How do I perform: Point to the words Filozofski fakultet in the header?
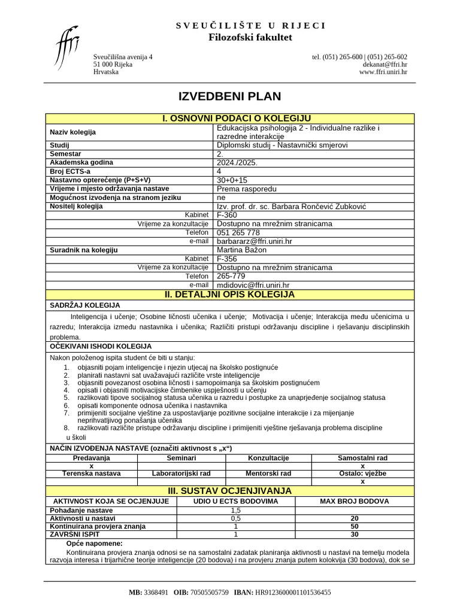pyautogui.click(x=250, y=37)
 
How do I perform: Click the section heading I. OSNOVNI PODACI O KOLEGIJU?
pyautogui.click(x=229, y=119)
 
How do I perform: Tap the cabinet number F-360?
pyautogui.click(x=227, y=215)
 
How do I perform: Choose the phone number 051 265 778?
pyautogui.click(x=238, y=232)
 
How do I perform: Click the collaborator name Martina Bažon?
pyautogui.click(x=241, y=250)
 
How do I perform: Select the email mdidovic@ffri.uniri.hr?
pyautogui.click(x=253, y=286)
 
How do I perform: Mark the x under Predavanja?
pyautogui.click(x=91, y=466)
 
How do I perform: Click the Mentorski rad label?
pyautogui.click(x=268, y=474)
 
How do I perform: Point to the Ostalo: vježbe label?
pyautogui.click(x=362, y=474)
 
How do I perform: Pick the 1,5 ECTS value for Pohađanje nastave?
pyautogui.click(x=235, y=510)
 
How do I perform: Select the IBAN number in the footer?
pyautogui.click(x=293, y=592)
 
